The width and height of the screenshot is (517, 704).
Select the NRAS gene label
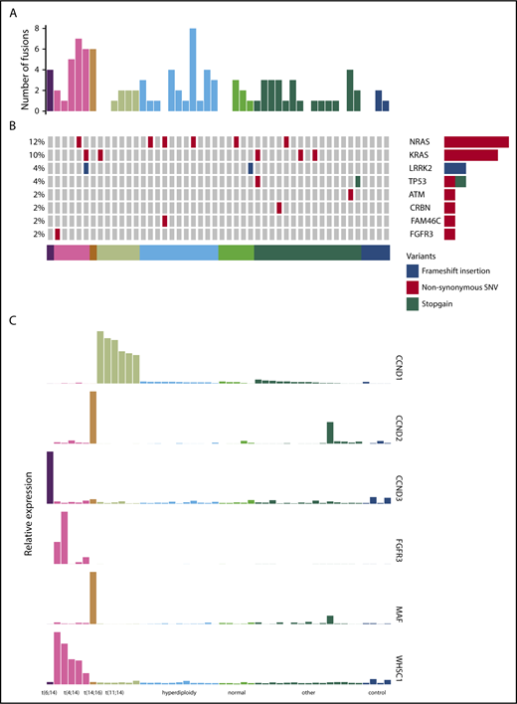click(425, 142)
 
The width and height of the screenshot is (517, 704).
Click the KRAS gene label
click(425, 155)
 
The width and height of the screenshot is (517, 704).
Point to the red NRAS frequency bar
click(476, 142)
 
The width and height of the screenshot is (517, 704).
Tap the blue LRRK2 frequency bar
click(455, 168)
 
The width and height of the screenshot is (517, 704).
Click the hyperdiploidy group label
click(179, 693)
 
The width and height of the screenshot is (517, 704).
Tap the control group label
click(376, 693)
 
